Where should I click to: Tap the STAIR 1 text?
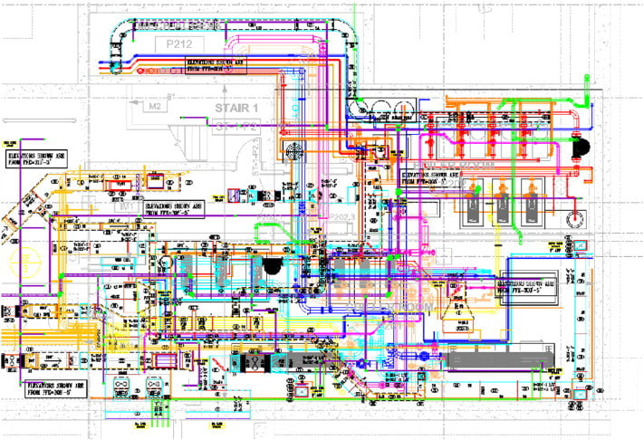click(x=235, y=108)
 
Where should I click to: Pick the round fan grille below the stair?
click(x=294, y=151)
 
